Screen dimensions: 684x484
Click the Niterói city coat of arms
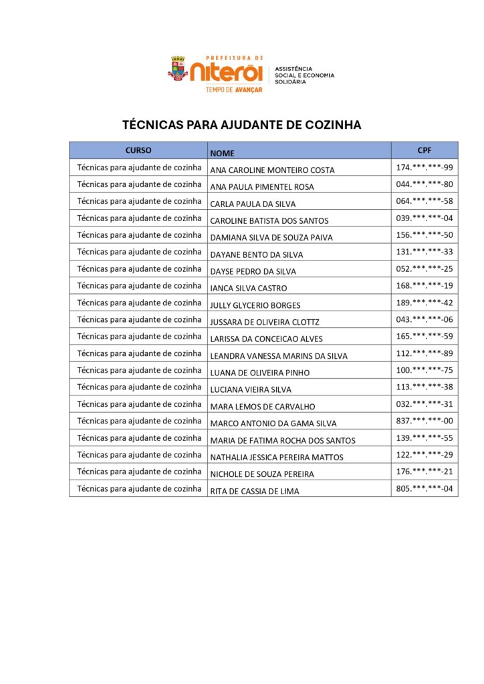177,69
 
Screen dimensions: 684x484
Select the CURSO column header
138,150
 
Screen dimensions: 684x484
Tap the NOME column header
223,153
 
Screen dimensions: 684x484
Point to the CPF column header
424,150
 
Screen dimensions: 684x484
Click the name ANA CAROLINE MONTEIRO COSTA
272,170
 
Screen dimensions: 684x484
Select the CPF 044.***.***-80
425,184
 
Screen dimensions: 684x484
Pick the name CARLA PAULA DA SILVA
253,204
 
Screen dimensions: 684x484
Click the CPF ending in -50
425,234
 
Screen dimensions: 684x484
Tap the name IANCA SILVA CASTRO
248,288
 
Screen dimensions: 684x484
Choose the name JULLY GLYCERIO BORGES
255,305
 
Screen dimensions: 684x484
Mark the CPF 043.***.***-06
425,319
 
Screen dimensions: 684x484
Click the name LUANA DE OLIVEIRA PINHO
259,373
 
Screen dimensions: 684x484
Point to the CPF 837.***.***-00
425,421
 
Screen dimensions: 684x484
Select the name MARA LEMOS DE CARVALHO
262,406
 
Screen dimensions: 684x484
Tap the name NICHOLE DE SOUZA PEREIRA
262,474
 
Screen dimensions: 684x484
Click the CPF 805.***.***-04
425,488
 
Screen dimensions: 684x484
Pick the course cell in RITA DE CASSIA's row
139,488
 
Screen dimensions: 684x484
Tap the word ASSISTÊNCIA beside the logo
293,69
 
